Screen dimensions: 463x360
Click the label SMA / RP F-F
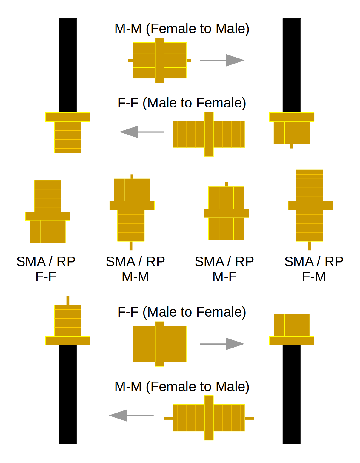tap(46, 269)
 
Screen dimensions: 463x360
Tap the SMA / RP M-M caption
tap(135, 269)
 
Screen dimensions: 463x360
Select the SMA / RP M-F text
tap(224, 269)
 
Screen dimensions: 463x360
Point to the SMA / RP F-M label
tap(314, 269)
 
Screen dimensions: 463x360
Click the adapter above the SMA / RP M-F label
tap(226, 213)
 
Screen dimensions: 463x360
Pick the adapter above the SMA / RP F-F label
tap(48, 212)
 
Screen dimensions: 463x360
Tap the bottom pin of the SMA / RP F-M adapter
tap(310, 246)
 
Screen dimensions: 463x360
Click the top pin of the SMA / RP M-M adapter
tap(132, 176)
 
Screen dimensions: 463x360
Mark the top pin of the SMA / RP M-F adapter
tap(227, 184)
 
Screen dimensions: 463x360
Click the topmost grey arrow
tap(222, 60)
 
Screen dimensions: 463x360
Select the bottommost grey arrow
tap(131, 415)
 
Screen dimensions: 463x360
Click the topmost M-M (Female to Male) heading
tap(182, 29)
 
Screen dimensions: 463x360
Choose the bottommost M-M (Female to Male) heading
tap(182, 387)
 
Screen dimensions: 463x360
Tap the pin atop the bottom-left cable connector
tap(68, 300)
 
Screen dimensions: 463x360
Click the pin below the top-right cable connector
tap(292, 146)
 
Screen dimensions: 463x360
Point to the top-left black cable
tap(68, 65)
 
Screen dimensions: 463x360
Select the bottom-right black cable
tap(292, 394)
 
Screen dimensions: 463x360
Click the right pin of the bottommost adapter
tap(249, 418)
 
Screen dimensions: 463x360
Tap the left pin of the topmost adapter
tap(130, 60)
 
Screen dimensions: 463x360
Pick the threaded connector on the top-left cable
tap(68, 137)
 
